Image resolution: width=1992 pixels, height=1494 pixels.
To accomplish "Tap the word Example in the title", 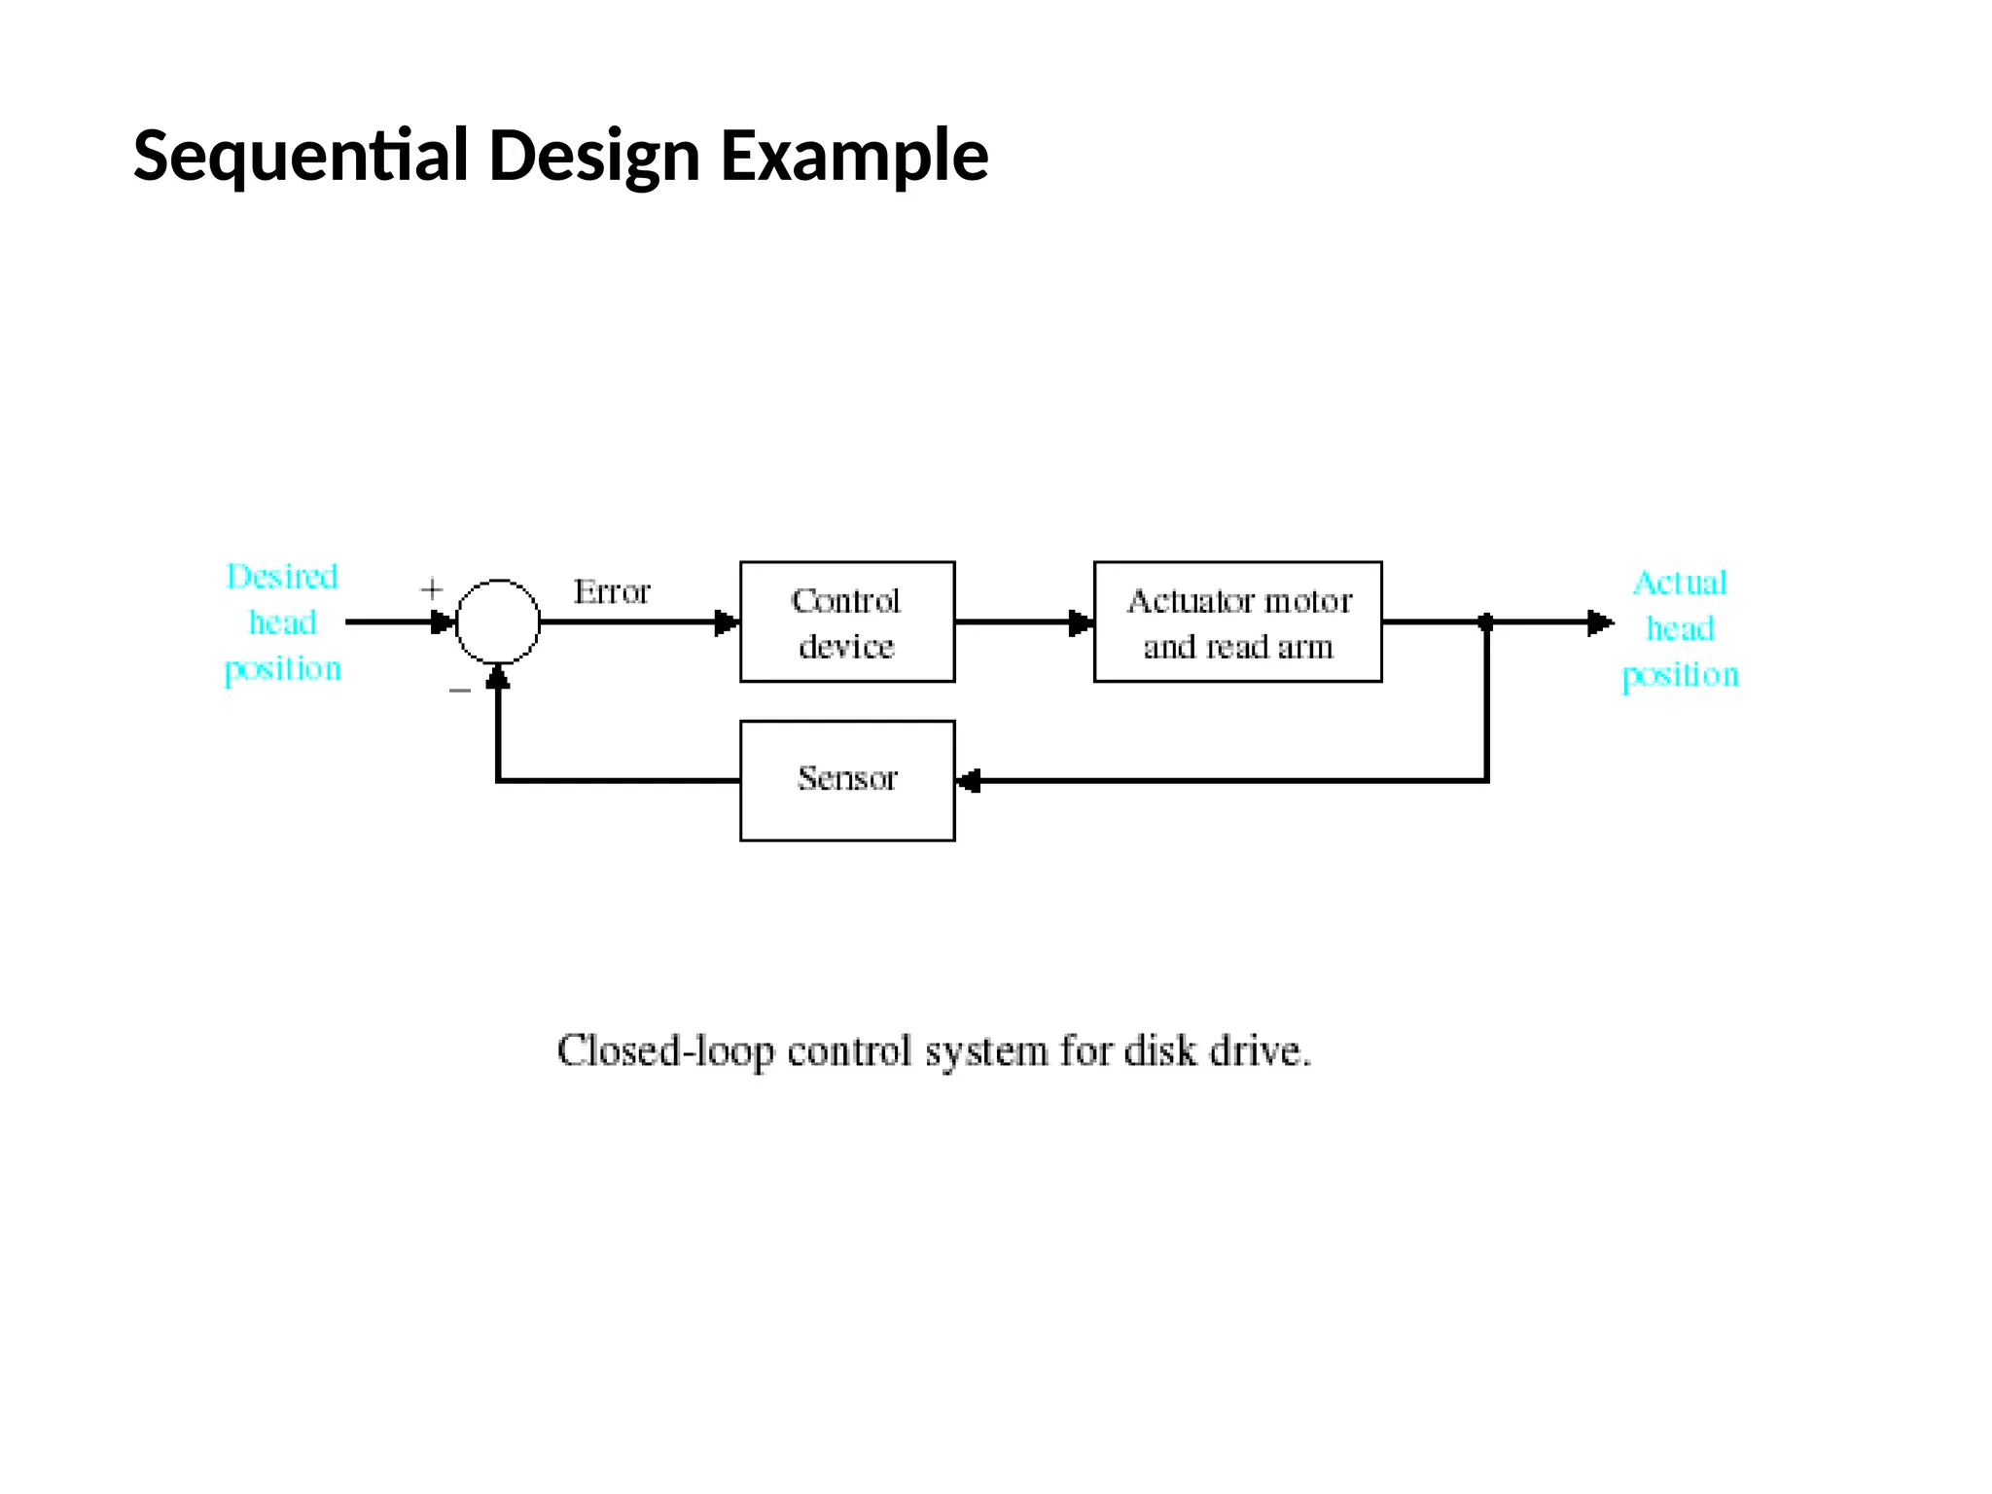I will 853,156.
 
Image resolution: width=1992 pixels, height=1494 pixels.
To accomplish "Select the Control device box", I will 846,622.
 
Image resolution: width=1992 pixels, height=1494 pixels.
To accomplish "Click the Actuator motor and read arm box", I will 1237,622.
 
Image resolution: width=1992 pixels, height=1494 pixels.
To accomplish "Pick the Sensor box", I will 846,780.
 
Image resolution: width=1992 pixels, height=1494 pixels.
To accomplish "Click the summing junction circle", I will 498,622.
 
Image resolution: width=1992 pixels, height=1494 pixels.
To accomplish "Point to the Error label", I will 611,591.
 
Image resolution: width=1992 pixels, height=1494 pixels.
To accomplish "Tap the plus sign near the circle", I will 431,589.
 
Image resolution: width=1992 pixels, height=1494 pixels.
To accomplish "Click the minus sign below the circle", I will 460,691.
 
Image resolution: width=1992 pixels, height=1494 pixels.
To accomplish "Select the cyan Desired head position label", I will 282,622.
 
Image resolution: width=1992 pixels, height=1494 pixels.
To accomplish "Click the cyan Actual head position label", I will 1680,628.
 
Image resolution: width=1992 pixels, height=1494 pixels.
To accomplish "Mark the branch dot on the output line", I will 1485,622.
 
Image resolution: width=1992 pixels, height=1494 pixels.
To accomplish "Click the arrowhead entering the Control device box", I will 727,622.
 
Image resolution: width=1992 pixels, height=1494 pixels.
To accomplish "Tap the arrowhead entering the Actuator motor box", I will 1081,622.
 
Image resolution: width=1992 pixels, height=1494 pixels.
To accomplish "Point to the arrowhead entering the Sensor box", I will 969,781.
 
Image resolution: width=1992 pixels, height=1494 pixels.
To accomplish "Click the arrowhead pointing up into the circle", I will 498,676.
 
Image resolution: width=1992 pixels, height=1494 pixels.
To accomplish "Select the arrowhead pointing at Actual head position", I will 1599,622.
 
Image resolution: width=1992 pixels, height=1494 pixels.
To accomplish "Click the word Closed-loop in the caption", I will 666,1051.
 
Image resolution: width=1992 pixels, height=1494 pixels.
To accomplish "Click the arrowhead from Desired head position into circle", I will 443,622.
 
